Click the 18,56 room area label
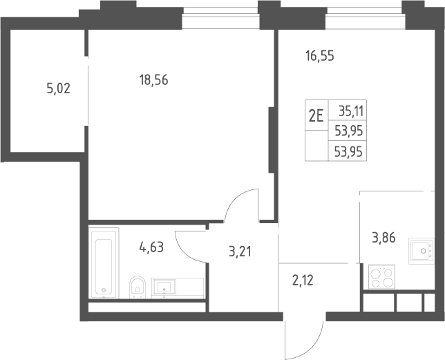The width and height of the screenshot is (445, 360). (x=153, y=80)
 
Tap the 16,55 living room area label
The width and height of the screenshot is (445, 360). (x=319, y=56)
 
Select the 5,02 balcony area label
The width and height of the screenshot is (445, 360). (x=58, y=88)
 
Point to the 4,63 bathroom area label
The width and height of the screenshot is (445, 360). (x=151, y=247)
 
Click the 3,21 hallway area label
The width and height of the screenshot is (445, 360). (x=240, y=252)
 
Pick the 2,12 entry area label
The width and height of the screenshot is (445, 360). (x=303, y=281)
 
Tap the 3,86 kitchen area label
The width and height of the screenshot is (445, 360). (x=384, y=238)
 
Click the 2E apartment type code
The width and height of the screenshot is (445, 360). (x=316, y=115)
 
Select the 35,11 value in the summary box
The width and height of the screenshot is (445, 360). (x=351, y=111)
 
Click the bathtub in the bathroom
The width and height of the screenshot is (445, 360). (x=104, y=263)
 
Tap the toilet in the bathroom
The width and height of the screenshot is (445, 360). (x=138, y=287)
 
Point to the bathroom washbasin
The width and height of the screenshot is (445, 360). (x=164, y=287)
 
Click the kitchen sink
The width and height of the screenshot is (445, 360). (x=422, y=251)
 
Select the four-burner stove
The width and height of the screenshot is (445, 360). (x=381, y=276)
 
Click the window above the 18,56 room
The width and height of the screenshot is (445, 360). (x=220, y=17)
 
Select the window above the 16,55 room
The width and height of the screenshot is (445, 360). (x=365, y=17)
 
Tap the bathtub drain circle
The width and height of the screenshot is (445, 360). (x=104, y=290)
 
